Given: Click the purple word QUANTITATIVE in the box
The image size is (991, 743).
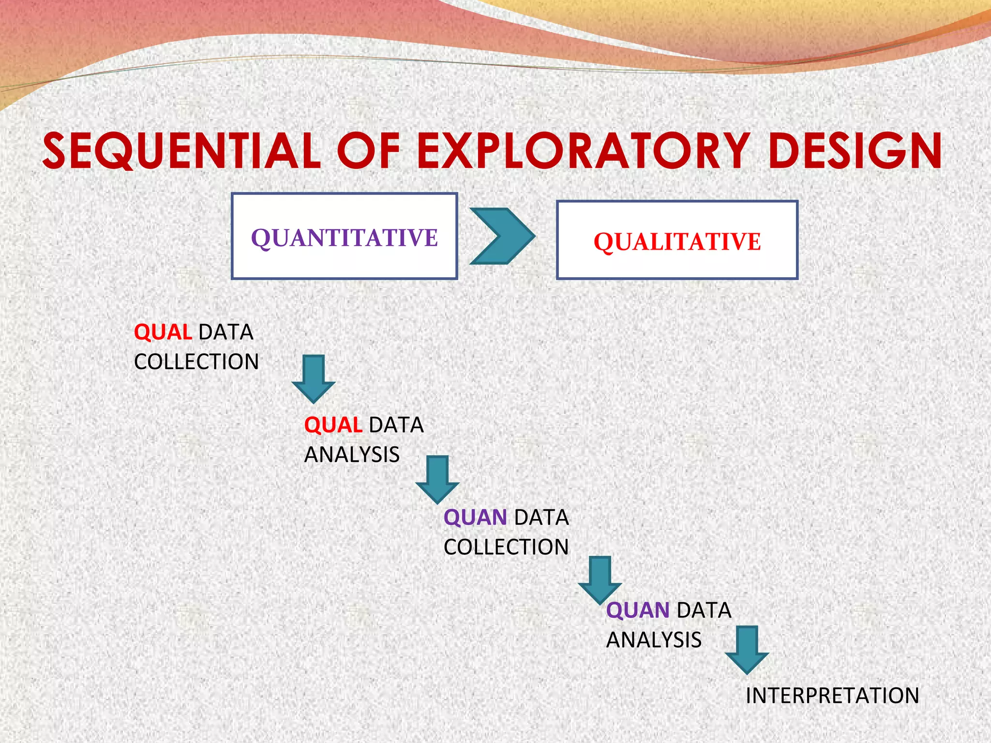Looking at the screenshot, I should point(344,238).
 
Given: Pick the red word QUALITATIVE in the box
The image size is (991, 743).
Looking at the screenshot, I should point(677,242).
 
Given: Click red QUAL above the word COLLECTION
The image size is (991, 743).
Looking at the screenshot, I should point(163,332).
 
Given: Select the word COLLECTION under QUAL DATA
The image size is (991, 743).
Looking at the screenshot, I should point(196,362).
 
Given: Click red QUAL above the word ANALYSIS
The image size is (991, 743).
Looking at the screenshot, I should point(333,425).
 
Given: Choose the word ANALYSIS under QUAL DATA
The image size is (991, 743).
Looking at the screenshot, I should point(352,455).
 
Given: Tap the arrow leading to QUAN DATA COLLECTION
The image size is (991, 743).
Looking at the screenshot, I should point(437,480).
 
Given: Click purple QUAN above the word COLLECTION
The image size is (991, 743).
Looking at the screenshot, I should point(475,518).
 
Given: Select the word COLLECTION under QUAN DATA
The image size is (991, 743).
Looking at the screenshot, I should point(506,547).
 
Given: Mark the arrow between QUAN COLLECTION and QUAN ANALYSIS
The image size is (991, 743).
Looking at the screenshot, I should point(600,580).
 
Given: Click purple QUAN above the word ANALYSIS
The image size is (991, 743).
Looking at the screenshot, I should point(637,610).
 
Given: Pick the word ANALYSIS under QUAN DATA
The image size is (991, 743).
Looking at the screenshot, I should point(654,640).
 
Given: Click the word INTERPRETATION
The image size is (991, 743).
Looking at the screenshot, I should point(832,696).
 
